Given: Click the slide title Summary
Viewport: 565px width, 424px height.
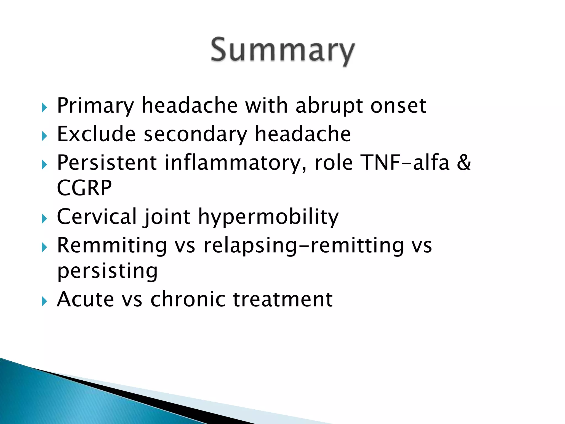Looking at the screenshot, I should click(282, 51).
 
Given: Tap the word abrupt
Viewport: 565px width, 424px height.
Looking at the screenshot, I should click(329, 106).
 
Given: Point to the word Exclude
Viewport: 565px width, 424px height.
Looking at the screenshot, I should click(96, 134).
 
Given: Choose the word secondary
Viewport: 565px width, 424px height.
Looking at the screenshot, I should click(195, 134).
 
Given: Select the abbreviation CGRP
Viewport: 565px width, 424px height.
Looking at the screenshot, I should click(84, 188).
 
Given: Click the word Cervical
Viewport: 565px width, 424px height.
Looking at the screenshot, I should click(97, 216).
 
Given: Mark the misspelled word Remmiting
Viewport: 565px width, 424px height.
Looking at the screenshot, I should click(112, 245).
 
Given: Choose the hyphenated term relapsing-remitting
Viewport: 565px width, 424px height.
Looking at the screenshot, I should click(304, 245).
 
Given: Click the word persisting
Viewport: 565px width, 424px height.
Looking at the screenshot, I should click(107, 271).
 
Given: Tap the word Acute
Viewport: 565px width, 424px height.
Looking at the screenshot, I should click(86, 299).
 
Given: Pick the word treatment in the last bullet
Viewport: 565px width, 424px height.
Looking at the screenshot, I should click(283, 299).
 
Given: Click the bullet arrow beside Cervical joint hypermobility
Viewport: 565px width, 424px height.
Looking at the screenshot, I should click(44, 219).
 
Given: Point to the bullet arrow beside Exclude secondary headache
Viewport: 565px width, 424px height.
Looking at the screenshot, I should click(44, 136).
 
